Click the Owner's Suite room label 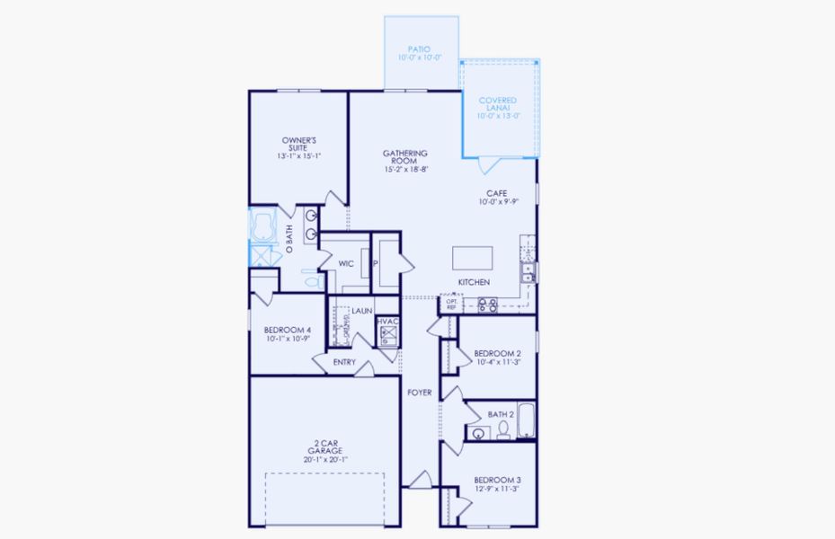click(x=298, y=145)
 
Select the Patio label click(x=418, y=49)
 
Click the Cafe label click(x=497, y=192)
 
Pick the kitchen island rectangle click(x=475, y=257)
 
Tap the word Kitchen click(x=474, y=282)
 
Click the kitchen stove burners click(x=488, y=305)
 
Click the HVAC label click(x=387, y=322)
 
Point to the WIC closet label click(x=345, y=264)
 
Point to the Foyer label click(x=419, y=393)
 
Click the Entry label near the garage click(x=344, y=363)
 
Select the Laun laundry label click(x=362, y=311)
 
